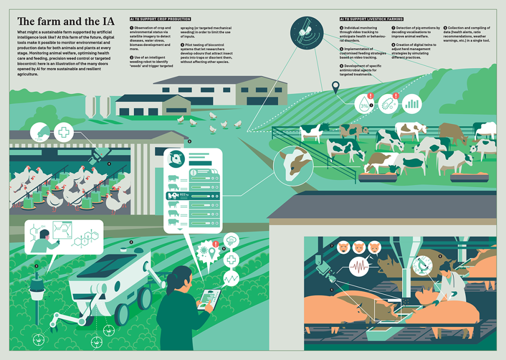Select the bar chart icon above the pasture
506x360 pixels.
pos(413,104)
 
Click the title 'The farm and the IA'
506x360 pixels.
pos(66,22)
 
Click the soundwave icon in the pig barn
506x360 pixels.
pos(359,265)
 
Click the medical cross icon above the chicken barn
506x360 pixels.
pos(64,133)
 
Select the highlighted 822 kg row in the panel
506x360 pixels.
pos(195,195)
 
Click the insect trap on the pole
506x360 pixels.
pos(36,289)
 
